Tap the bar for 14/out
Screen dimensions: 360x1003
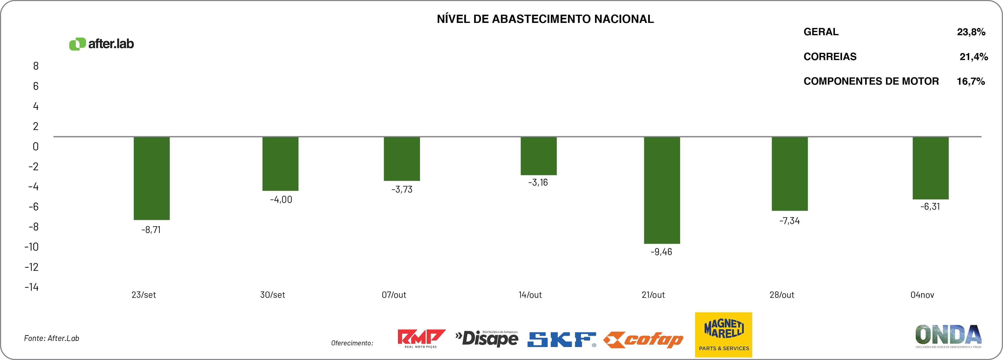pyautogui.click(x=538, y=156)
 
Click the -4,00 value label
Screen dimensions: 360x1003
pyautogui.click(x=281, y=200)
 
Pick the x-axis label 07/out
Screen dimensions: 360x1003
pyautogui.click(x=394, y=295)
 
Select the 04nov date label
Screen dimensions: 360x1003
pyautogui.click(x=922, y=295)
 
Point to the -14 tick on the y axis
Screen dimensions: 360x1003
pyautogui.click(x=32, y=287)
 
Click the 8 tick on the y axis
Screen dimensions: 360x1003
pyautogui.click(x=36, y=66)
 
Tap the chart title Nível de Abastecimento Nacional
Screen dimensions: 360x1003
pyautogui.click(x=545, y=19)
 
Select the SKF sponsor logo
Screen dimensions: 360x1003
pyautogui.click(x=561, y=339)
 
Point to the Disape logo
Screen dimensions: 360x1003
pyautogui.click(x=487, y=339)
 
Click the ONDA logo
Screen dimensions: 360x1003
pyautogui.click(x=948, y=335)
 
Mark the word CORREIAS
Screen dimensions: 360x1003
pyautogui.click(x=830, y=57)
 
